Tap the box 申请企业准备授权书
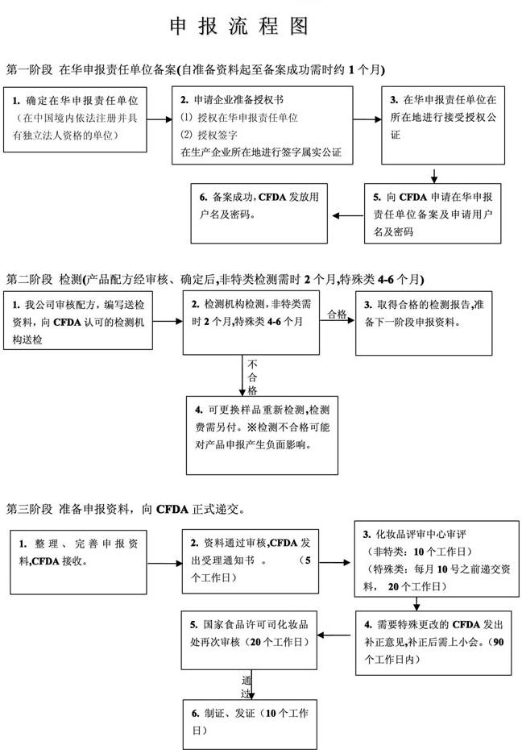(263, 125)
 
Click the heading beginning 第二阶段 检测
(213, 279)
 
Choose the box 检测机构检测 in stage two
(251, 323)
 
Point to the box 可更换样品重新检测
(262, 436)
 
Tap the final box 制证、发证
(251, 722)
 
